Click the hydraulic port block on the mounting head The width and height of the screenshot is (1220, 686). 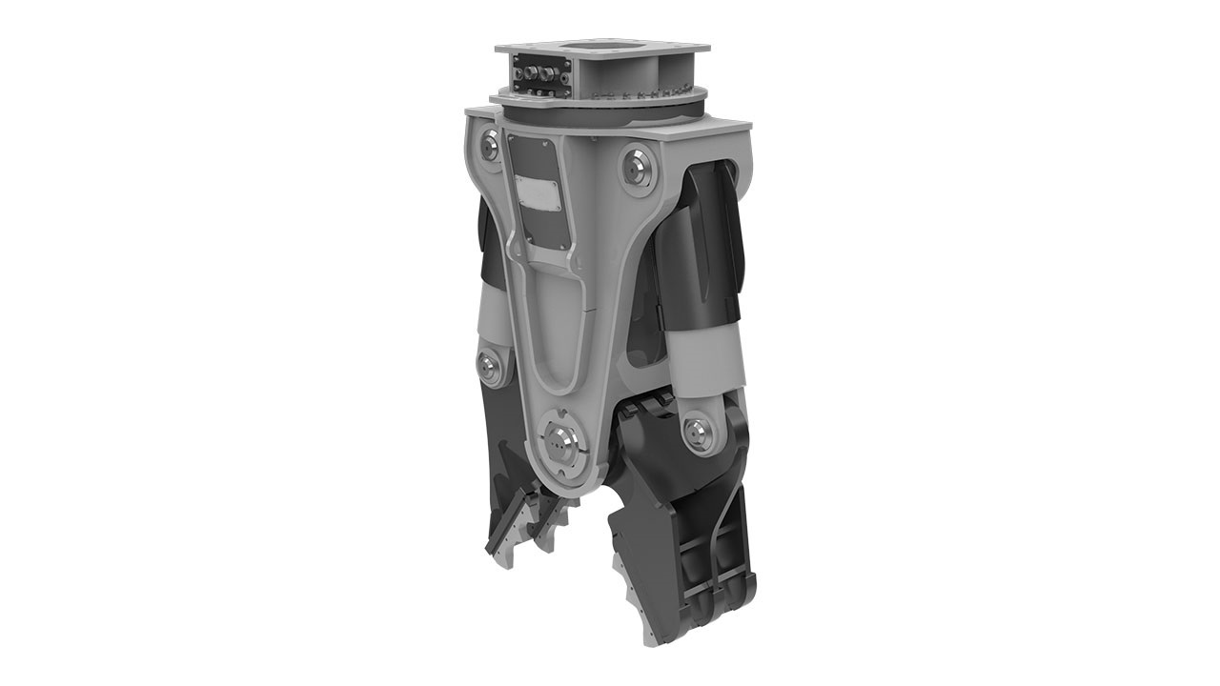coord(539,75)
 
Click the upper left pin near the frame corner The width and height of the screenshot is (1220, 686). coord(490,145)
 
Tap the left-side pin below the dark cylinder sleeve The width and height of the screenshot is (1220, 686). coord(491,367)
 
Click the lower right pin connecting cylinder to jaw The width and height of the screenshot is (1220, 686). coord(699,432)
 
